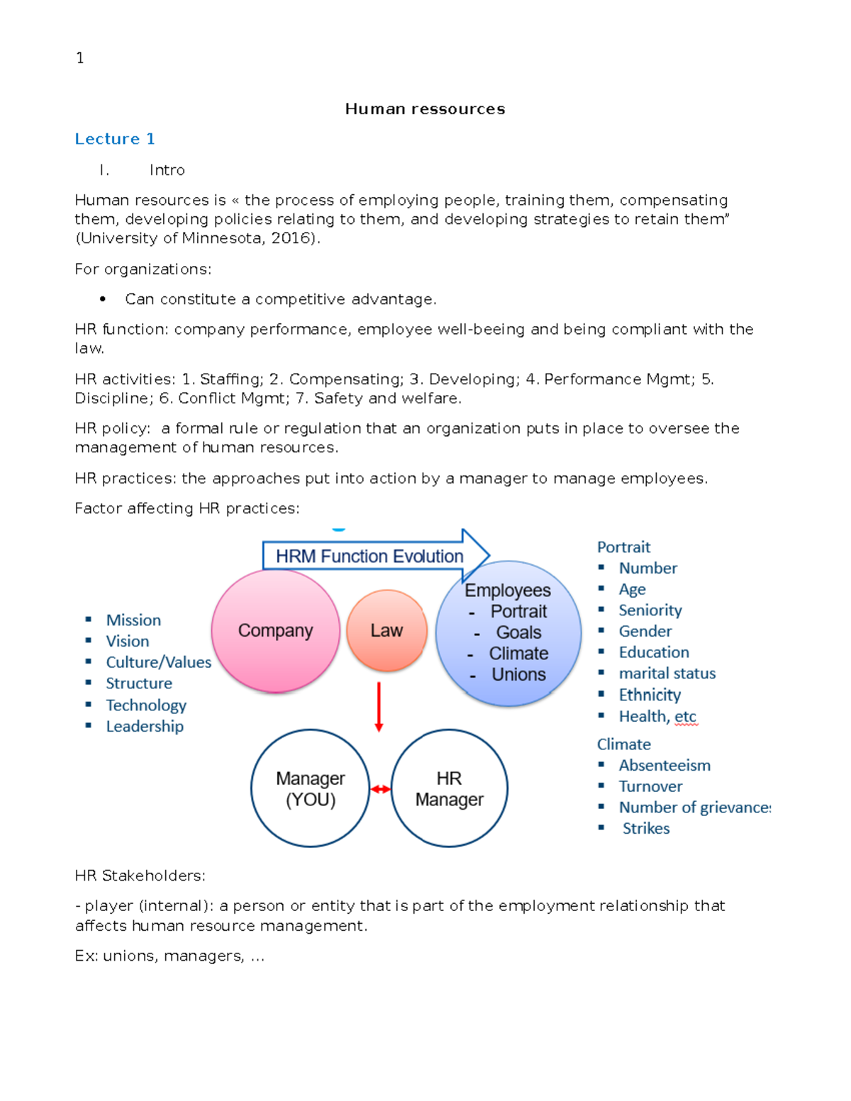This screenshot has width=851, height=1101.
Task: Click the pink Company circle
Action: (275, 631)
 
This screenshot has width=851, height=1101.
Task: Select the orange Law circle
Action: (386, 630)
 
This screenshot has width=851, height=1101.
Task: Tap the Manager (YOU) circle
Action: (311, 788)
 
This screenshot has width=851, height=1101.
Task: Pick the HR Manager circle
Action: (449, 788)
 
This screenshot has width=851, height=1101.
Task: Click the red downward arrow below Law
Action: (379, 706)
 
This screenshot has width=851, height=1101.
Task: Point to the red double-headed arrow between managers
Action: (380, 789)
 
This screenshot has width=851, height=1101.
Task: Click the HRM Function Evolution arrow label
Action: (369, 557)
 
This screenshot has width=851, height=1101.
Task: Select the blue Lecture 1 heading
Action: (115, 139)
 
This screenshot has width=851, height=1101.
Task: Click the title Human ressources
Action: (425, 109)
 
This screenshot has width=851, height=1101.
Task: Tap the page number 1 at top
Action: (80, 58)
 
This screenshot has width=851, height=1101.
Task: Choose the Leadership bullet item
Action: (145, 726)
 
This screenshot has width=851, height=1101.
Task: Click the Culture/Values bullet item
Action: (158, 662)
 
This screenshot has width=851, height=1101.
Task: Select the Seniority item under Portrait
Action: (650, 610)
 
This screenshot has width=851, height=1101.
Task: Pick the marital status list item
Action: (667, 674)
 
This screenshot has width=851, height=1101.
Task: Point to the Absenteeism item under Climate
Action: (664, 766)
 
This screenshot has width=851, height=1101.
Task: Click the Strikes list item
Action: (645, 829)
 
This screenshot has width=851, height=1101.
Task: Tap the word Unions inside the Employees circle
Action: (518, 675)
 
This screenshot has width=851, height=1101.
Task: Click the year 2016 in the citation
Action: (291, 238)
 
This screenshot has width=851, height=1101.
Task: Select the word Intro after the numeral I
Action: (167, 170)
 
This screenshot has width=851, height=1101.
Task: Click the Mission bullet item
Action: (133, 620)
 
